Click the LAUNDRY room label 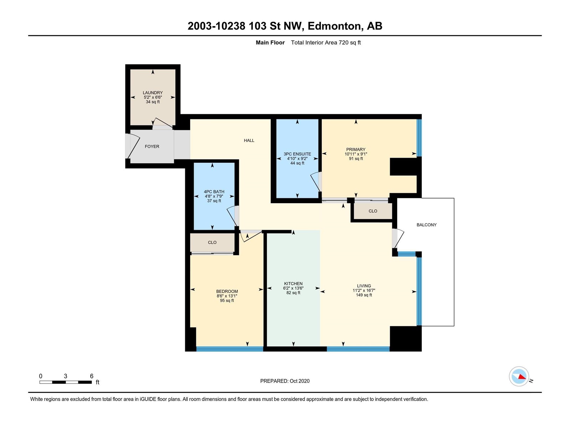pyautogui.click(x=153, y=93)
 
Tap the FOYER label pyautogui.click(x=152, y=147)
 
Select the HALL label pyautogui.click(x=249, y=141)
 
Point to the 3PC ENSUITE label pyautogui.click(x=297, y=154)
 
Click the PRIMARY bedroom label pyautogui.click(x=356, y=149)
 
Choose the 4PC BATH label pyautogui.click(x=214, y=192)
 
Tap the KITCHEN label pyautogui.click(x=293, y=284)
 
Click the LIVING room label pyautogui.click(x=364, y=286)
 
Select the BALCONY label pyautogui.click(x=426, y=225)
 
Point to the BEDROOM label pyautogui.click(x=227, y=291)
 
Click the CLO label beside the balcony pyautogui.click(x=373, y=211)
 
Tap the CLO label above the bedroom pyautogui.click(x=212, y=242)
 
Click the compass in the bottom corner pyautogui.click(x=519, y=376)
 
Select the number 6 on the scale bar pyautogui.click(x=92, y=376)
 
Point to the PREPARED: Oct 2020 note pyautogui.click(x=285, y=381)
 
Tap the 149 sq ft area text pyautogui.click(x=364, y=295)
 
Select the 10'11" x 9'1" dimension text pyautogui.click(x=356, y=154)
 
